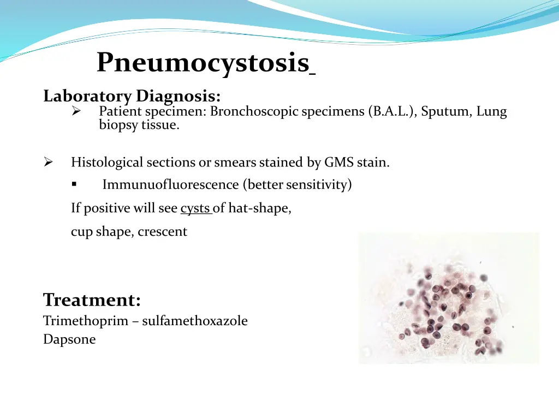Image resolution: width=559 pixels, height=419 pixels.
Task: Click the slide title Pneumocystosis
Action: pos(203,63)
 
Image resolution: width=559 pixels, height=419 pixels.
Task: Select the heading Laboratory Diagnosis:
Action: pos(132,97)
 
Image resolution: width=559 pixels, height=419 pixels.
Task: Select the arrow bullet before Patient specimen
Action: pos(76,112)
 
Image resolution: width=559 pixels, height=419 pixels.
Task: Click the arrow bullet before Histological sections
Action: pos(48,163)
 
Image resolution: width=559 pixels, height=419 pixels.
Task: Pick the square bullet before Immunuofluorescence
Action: pos(74,185)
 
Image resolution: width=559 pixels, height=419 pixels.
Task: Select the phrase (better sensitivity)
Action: pos(299,185)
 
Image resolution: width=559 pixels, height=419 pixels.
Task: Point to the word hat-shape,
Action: pos(260,208)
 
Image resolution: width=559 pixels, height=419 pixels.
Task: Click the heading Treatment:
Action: pos(92,300)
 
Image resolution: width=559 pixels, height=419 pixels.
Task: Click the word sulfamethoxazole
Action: pos(195,321)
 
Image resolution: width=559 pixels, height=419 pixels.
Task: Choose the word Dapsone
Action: pos(69,339)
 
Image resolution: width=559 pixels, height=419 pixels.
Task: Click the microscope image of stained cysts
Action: pos(448,298)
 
